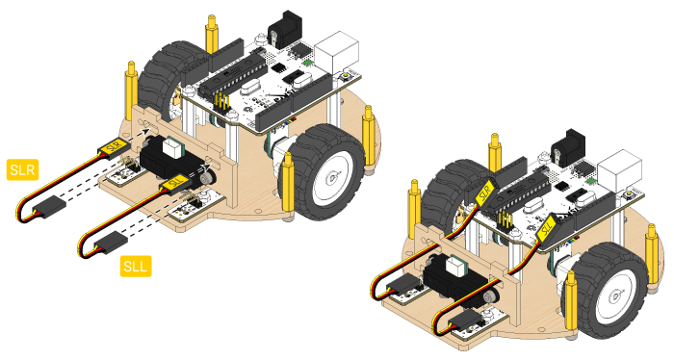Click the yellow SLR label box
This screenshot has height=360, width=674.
[23, 169]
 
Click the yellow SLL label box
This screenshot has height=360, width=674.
[136, 267]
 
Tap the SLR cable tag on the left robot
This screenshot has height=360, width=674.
[113, 147]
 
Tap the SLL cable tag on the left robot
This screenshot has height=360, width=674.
[173, 184]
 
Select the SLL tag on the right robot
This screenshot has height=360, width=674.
[546, 228]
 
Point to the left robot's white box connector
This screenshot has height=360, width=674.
[336, 51]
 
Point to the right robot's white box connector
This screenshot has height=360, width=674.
[619, 169]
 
